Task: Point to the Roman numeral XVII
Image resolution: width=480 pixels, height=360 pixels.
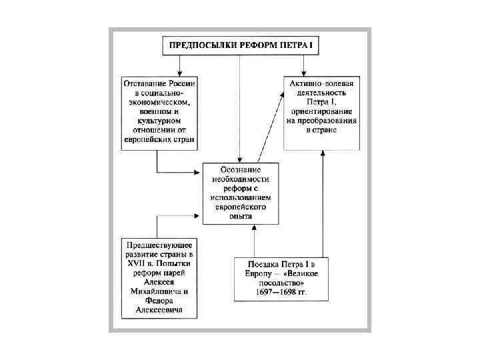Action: tap(136, 265)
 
